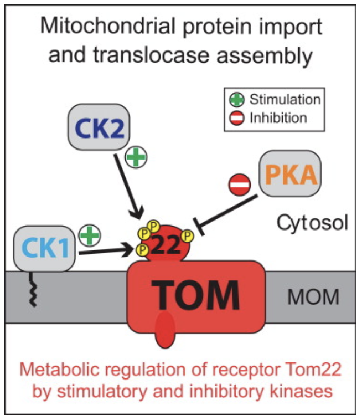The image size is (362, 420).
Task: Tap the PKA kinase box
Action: [x=289, y=175]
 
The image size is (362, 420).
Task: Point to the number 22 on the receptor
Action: [x=166, y=243]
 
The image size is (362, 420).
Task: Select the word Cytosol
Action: [x=312, y=224]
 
